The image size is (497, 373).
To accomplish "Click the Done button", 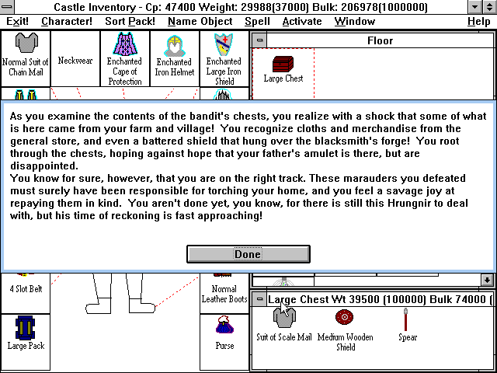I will point(248,254).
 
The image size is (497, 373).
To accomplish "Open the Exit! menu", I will point(17,21).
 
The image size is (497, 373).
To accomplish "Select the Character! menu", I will point(67,21).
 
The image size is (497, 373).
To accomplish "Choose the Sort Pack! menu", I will point(130,21).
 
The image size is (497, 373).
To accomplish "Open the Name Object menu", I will point(200,21).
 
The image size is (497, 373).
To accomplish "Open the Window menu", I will point(354,21).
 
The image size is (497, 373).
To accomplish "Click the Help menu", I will point(478,21).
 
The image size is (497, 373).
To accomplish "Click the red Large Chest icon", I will point(283,63).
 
